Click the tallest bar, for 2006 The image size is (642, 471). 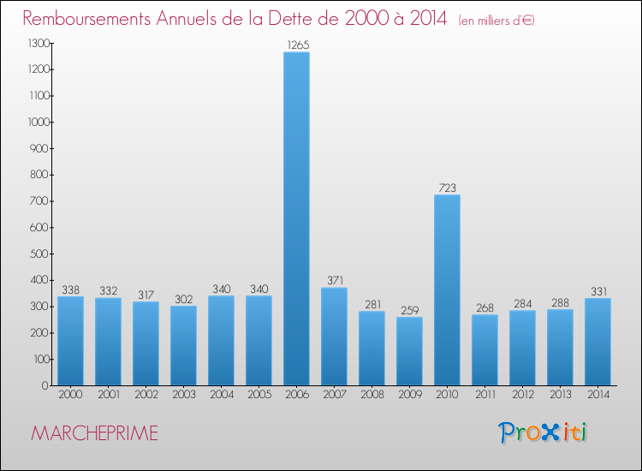296,218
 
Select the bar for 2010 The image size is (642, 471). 447,289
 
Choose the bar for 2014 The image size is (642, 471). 597,342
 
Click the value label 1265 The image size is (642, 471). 296,45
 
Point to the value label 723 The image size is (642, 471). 447,188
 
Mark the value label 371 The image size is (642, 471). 334,280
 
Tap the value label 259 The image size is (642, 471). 409,310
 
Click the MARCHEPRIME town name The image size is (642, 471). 95,433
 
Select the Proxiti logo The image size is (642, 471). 544,432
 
